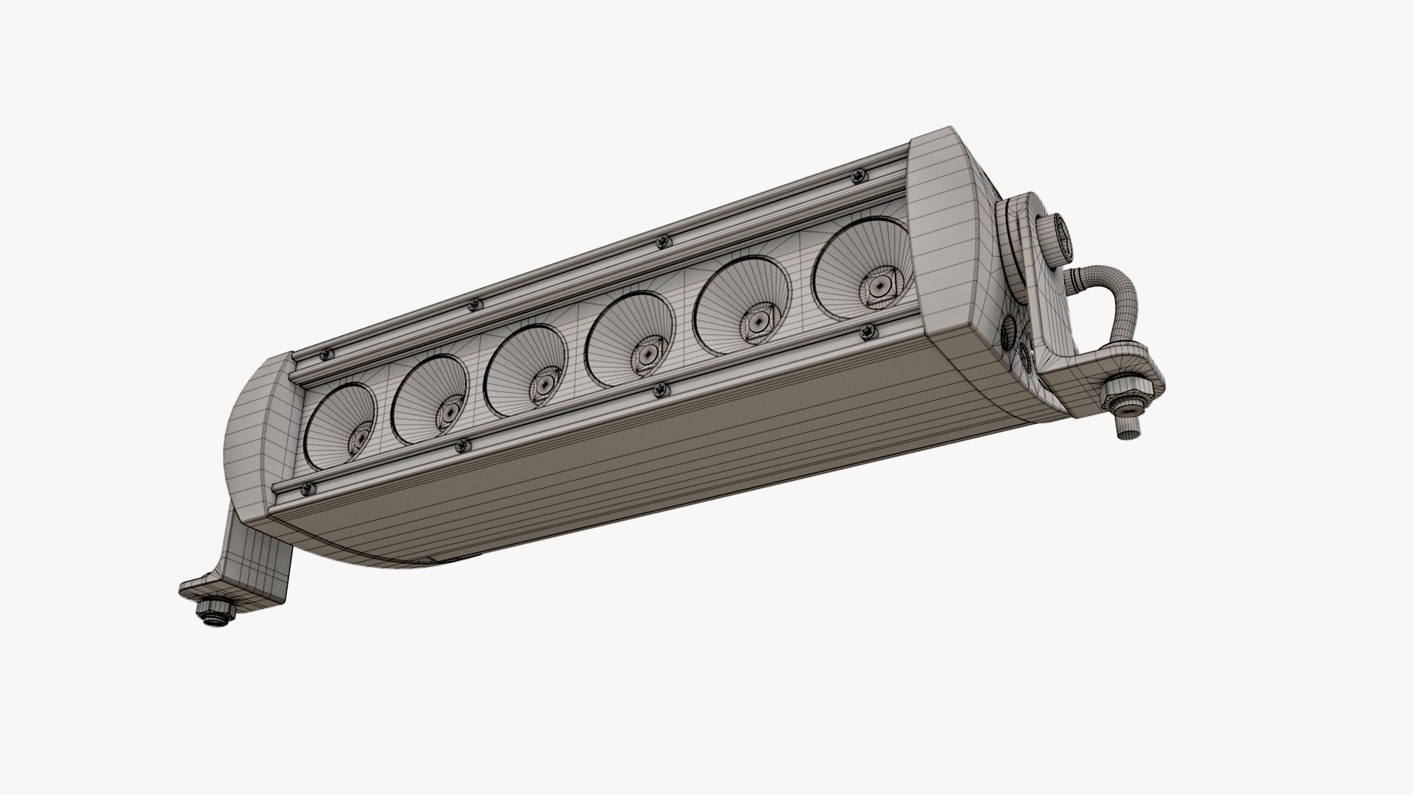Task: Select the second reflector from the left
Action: tap(430, 399)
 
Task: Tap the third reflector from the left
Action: tap(525, 370)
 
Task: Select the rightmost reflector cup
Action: tap(861, 269)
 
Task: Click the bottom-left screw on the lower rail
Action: tap(308, 489)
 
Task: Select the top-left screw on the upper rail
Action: tap(325, 356)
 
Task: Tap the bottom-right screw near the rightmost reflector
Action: tap(868, 333)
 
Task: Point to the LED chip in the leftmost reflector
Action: tap(360, 438)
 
